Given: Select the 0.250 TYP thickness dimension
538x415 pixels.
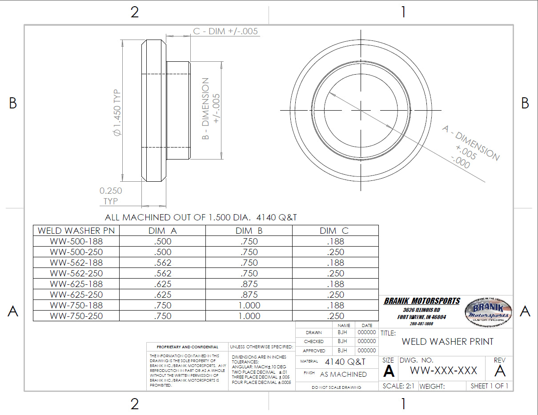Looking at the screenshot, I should pos(111,196).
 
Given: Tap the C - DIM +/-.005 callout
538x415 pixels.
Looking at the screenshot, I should pos(225,32).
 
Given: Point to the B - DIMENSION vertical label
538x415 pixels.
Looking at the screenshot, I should pos(210,109).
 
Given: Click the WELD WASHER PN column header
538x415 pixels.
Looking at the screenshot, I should pos(76,231).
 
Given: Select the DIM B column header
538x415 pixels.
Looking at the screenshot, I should pos(249,231).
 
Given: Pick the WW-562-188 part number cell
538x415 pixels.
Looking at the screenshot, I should pos(76,263).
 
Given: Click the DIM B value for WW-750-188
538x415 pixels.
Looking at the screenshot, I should pos(249,305).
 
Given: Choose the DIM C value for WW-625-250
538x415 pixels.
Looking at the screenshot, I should pos(335,295).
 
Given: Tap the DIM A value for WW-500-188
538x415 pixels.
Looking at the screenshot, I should pos(162,241).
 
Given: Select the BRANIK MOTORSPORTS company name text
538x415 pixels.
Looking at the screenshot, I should pos(422,301).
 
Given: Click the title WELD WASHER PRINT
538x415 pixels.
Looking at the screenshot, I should pos(447,341).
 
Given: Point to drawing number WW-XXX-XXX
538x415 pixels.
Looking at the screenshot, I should pos(443,371).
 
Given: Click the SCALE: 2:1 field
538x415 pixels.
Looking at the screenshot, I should pos(398,386).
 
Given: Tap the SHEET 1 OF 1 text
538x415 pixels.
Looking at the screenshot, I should pos(489,386).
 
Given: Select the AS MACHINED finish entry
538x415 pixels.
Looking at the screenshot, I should pos(343,374).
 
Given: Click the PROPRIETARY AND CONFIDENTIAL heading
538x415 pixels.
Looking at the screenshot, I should pos(187,347).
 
